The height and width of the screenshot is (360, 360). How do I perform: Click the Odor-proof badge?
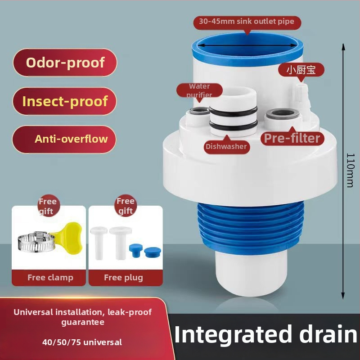65,63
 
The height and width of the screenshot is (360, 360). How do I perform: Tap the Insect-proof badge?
65,101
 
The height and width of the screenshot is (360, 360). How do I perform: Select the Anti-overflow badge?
64,139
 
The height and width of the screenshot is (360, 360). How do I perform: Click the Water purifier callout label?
199,91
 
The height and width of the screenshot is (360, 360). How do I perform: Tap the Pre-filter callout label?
292,138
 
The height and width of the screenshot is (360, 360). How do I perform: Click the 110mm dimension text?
351,170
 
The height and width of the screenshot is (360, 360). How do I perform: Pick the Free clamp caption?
50,278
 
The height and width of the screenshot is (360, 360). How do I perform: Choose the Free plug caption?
123,278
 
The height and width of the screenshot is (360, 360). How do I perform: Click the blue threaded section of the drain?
251,226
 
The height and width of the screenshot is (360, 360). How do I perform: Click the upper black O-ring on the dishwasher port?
233,111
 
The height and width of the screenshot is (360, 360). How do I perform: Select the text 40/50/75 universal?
82,342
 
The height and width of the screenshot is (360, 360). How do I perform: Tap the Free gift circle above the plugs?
125,206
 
